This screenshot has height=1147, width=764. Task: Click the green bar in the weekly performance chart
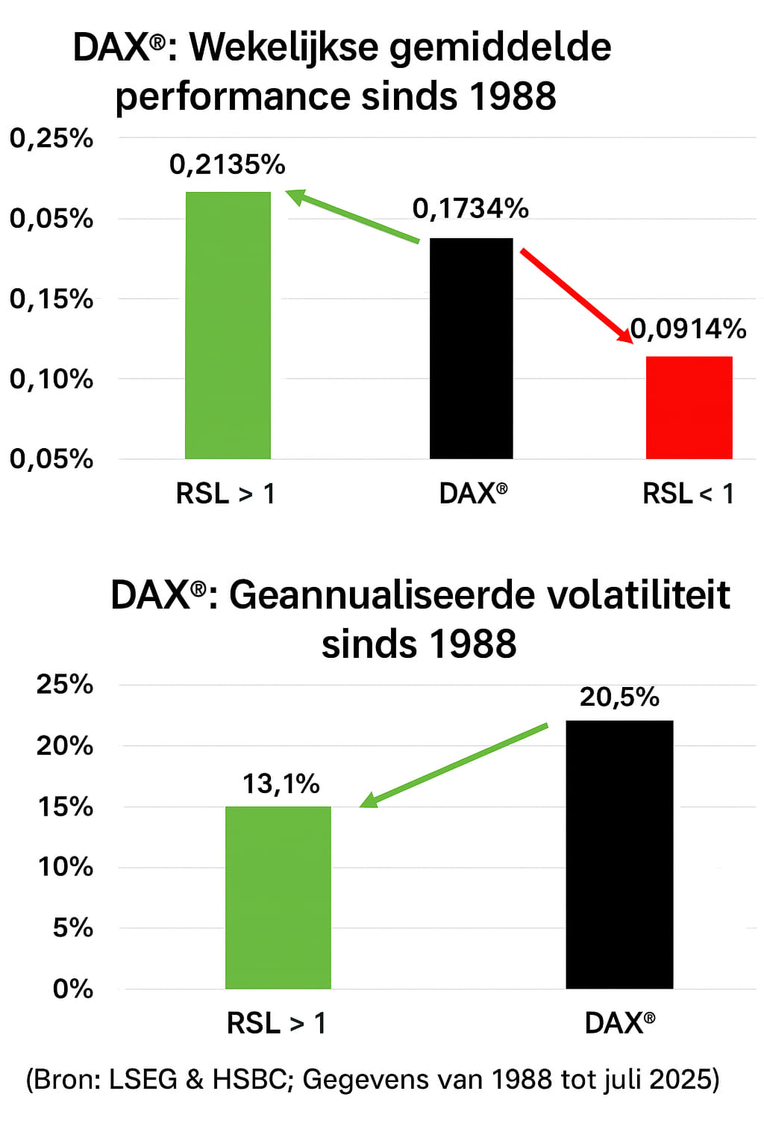coord(228,325)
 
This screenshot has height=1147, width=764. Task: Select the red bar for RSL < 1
coord(689,408)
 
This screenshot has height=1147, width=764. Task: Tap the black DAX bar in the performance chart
coord(471,348)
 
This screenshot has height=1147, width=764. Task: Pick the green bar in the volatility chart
coord(278,897)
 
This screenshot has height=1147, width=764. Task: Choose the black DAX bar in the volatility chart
coord(619,854)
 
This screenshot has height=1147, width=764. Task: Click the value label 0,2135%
coord(228,164)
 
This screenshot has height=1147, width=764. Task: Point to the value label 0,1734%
coord(471,209)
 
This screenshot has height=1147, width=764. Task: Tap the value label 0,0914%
coord(689,329)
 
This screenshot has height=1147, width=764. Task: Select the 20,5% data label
coord(619,697)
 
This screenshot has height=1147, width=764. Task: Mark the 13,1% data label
coord(281,784)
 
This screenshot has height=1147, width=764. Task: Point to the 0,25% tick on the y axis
coord(51,138)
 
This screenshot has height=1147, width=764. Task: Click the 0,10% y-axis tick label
coord(51,379)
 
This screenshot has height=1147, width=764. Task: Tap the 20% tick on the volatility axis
coord(65,745)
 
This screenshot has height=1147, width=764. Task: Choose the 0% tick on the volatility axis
coord(73,989)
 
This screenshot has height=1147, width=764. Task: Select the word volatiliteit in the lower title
coord(639,595)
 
